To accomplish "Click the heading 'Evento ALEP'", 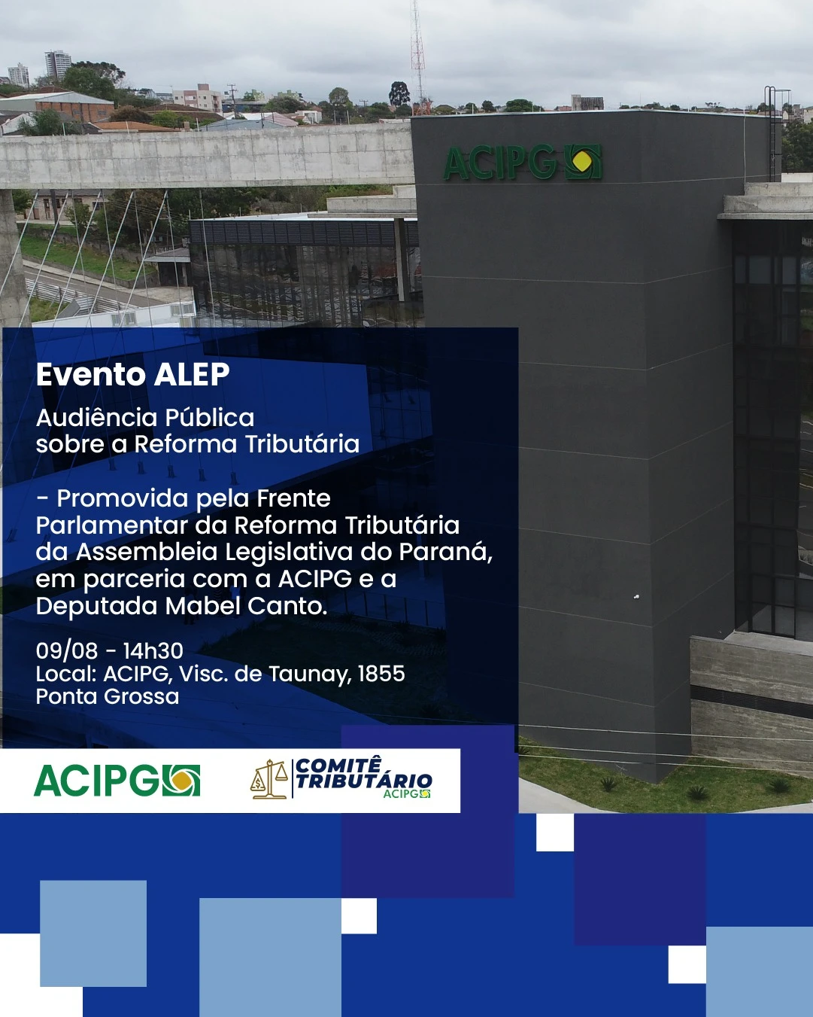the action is pyautogui.click(x=132, y=374).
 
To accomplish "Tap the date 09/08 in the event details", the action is pyautogui.click(x=67, y=650).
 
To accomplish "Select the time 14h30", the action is pyautogui.click(x=153, y=650).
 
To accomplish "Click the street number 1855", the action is pyautogui.click(x=381, y=674).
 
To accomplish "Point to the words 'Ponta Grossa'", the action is pyautogui.click(x=108, y=696).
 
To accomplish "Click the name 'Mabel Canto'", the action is pyautogui.click(x=245, y=606).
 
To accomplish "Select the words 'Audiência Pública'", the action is pyautogui.click(x=145, y=418).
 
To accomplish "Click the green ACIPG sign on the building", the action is pyautogui.click(x=523, y=162).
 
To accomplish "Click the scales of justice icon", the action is pyautogui.click(x=268, y=779).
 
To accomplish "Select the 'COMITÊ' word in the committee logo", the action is pyautogui.click(x=338, y=765).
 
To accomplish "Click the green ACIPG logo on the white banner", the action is pyautogui.click(x=117, y=781).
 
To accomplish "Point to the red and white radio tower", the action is pyautogui.click(x=417, y=54).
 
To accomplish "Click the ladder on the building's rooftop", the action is pyautogui.click(x=770, y=132).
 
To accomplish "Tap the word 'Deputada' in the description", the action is pyautogui.click(x=96, y=606).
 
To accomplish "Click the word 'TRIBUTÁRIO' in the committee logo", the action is pyautogui.click(x=364, y=781).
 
